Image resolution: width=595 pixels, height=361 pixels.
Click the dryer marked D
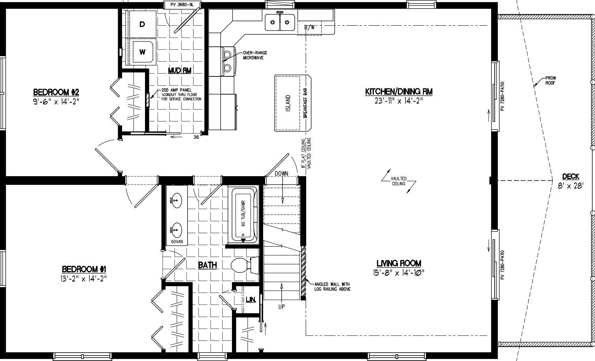[x=142, y=25]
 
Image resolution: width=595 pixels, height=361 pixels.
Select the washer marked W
[x=142, y=51]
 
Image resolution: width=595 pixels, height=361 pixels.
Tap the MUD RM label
[x=179, y=70]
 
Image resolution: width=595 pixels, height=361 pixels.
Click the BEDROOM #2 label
[x=56, y=92]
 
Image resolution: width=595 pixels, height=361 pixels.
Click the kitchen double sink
[x=279, y=22]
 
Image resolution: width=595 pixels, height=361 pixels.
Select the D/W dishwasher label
[x=309, y=27]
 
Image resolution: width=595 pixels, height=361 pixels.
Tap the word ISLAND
[x=288, y=103]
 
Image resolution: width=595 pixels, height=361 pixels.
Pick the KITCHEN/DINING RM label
[x=399, y=92]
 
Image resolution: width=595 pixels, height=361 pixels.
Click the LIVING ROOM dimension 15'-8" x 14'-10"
[x=399, y=272]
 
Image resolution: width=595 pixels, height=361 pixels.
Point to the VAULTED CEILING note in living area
[x=399, y=181]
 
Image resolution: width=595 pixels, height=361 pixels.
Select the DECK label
[x=571, y=177]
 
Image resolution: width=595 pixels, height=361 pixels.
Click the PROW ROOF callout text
[x=551, y=81]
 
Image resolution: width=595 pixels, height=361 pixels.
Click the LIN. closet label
[x=250, y=299]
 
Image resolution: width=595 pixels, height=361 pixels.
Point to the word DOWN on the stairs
[x=282, y=173]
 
